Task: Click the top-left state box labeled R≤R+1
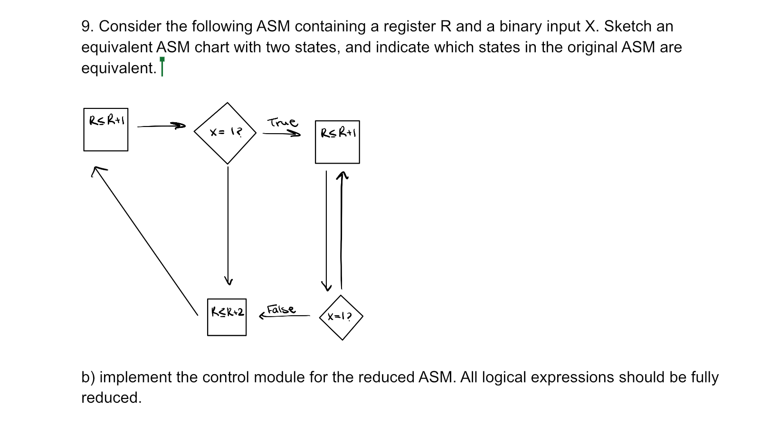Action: pos(105,129)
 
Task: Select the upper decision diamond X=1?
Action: pos(226,133)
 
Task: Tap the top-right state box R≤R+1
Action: pos(337,142)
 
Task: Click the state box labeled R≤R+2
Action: pos(227,317)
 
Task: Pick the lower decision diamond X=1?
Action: pos(341,317)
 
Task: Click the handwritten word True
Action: pos(282,123)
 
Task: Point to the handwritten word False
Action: pos(281,310)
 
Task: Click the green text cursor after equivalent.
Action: pos(162,67)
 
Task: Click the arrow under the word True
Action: pos(281,134)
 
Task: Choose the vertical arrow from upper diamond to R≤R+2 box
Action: pos(228,223)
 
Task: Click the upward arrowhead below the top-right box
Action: pos(342,176)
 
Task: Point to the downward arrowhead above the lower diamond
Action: pos(326,286)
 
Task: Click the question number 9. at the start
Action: pos(87,26)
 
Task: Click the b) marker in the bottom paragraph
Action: pos(88,377)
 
